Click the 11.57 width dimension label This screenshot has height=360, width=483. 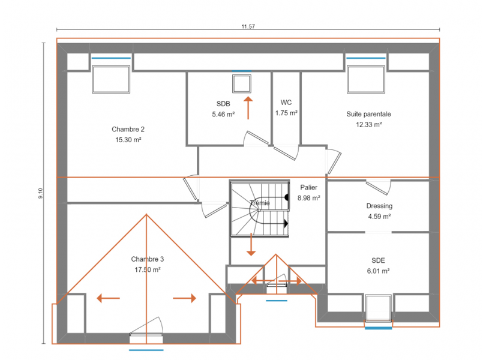248,26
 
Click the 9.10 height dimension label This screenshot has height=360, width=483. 41,193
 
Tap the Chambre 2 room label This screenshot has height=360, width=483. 128,130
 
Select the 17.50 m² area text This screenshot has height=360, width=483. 148,270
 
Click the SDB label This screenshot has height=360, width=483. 223,104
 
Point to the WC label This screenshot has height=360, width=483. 286,103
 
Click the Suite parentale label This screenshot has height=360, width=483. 369,114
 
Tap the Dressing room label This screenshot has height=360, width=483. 379,206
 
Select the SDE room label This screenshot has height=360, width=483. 378,260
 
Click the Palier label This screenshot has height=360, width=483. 308,188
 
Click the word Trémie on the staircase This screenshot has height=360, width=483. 260,203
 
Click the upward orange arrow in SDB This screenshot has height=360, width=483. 248,108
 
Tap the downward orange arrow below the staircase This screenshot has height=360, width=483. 251,245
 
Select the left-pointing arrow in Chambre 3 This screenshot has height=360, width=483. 108,298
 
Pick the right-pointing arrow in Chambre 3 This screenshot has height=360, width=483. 185,298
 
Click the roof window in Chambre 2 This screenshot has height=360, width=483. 111,79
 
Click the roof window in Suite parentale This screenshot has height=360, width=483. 365,79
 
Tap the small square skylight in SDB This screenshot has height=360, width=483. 242,83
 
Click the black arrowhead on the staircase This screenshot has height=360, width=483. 286,224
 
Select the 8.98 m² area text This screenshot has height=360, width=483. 308,198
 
